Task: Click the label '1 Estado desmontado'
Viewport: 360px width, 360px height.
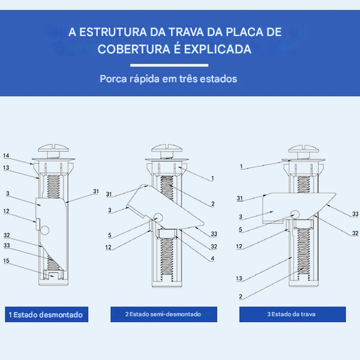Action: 46,314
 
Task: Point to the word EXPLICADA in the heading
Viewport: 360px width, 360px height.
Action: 217,49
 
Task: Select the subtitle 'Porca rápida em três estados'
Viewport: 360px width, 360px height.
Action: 169,79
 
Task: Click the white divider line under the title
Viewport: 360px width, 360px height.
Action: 169,65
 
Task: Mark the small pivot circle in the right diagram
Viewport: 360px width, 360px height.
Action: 295,213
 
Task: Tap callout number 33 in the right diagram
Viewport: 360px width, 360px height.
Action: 355,214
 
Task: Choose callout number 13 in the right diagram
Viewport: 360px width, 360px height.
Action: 240,279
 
